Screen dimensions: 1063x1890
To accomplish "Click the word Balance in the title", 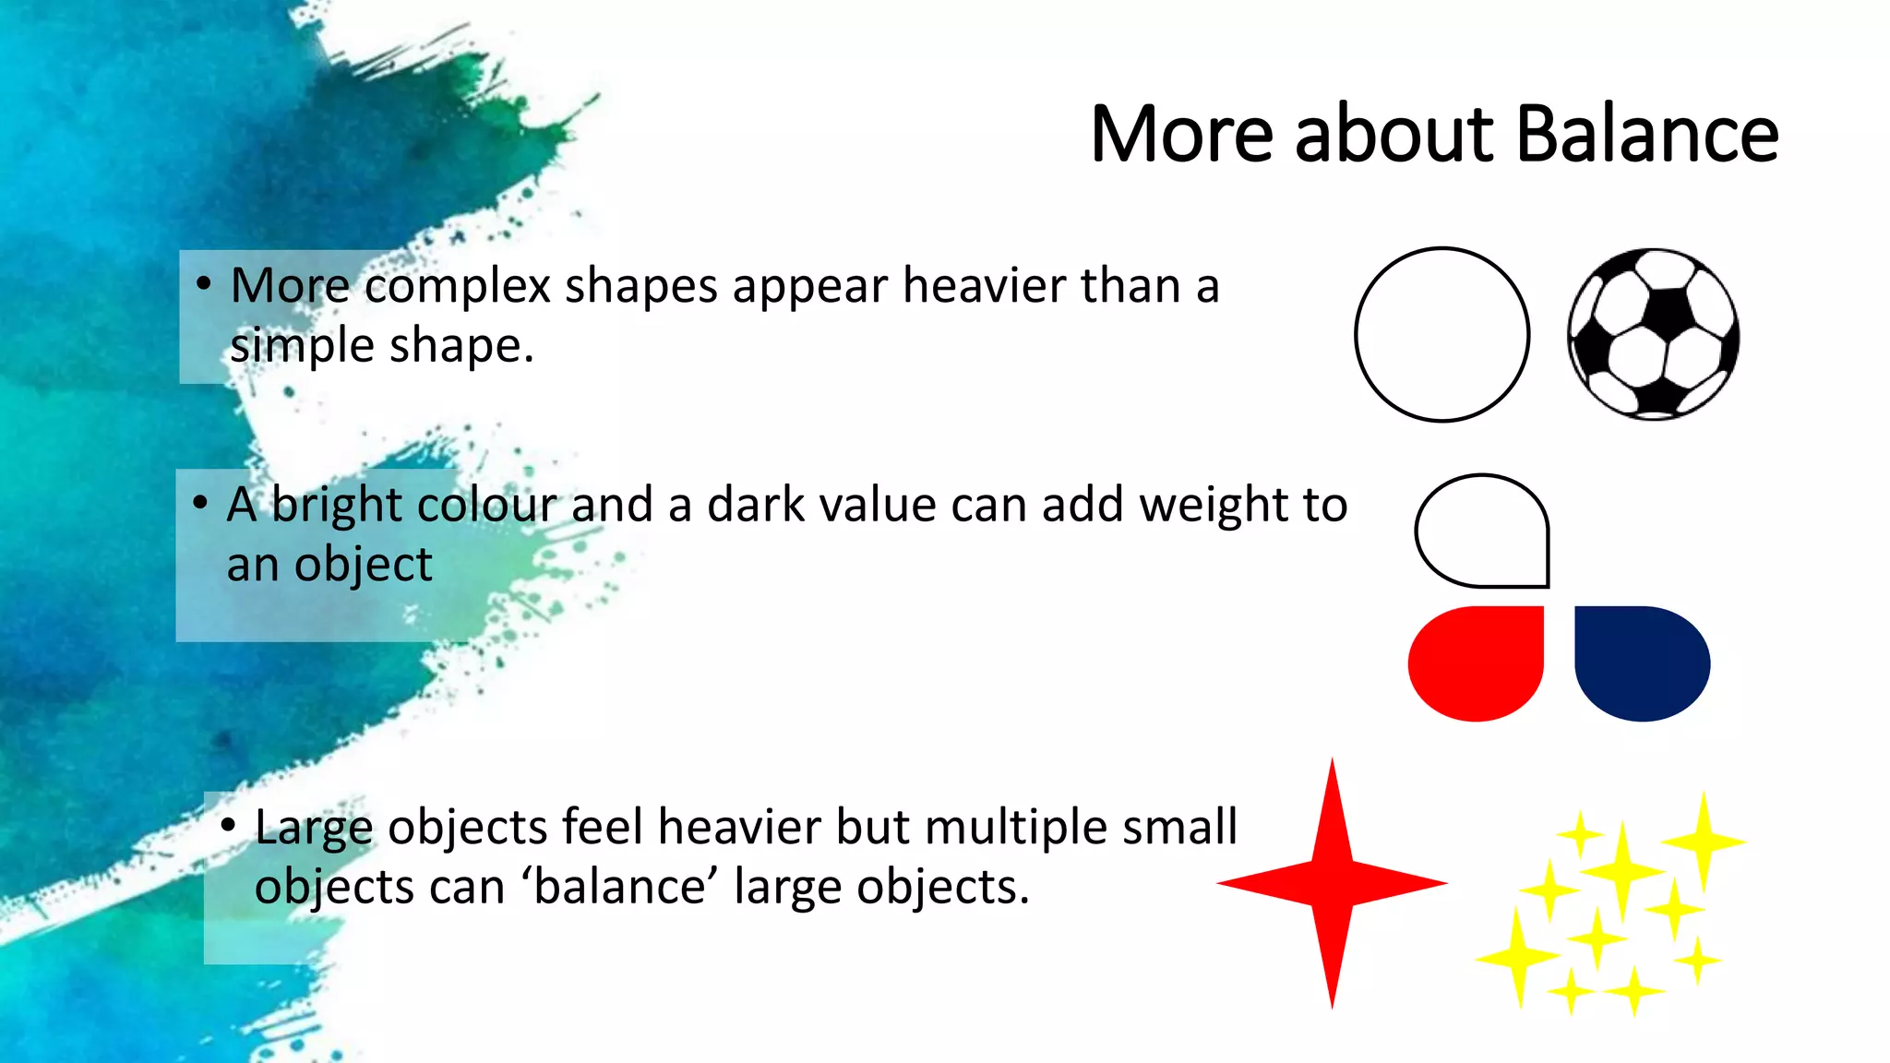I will (1646, 135).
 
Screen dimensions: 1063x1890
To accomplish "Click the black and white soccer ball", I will (1653, 334).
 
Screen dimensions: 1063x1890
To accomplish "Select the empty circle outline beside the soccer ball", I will (1441, 334).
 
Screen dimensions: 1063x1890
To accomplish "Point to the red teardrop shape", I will (1477, 663).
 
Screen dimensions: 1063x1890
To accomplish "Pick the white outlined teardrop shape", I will (1483, 531).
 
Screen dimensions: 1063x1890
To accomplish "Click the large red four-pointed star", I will (1332, 883).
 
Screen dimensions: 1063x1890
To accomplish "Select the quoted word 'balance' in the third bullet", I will (620, 887).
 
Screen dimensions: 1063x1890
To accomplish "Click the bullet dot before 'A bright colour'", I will (199, 503).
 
